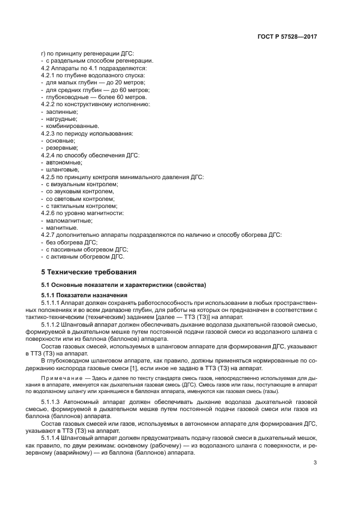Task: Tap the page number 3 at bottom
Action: tap(315, 463)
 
